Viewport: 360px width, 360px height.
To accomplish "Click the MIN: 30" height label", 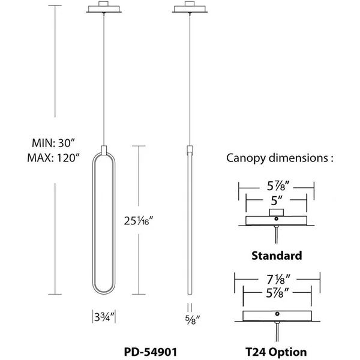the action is [x=53, y=143].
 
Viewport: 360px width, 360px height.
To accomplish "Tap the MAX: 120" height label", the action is [x=53, y=158].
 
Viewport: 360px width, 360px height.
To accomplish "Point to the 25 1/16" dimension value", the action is [x=139, y=221].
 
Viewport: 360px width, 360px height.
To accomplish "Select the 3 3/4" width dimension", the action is [x=104, y=317].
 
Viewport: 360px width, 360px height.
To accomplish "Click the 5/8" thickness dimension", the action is [x=193, y=319].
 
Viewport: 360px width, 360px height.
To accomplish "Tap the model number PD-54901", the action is [x=151, y=352].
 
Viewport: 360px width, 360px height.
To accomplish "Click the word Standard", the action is [x=277, y=256].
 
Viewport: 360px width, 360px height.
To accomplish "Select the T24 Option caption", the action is [x=276, y=352].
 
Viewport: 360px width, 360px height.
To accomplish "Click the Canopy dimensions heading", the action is [x=280, y=158].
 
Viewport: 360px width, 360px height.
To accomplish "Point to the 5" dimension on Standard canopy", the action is [x=277, y=200].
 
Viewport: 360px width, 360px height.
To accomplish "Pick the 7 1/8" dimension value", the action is [x=278, y=279].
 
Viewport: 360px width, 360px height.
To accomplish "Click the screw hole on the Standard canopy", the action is [x=277, y=219].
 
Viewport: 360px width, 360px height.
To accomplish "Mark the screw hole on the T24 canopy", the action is [x=277, y=314].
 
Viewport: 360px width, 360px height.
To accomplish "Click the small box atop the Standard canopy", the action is [x=277, y=212].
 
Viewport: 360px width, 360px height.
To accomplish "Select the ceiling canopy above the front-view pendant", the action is [x=104, y=7].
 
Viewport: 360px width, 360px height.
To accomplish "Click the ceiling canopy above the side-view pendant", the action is [x=190, y=7].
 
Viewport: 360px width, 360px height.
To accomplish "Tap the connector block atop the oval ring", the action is [x=104, y=150].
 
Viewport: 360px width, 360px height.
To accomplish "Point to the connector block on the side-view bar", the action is [x=190, y=150].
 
